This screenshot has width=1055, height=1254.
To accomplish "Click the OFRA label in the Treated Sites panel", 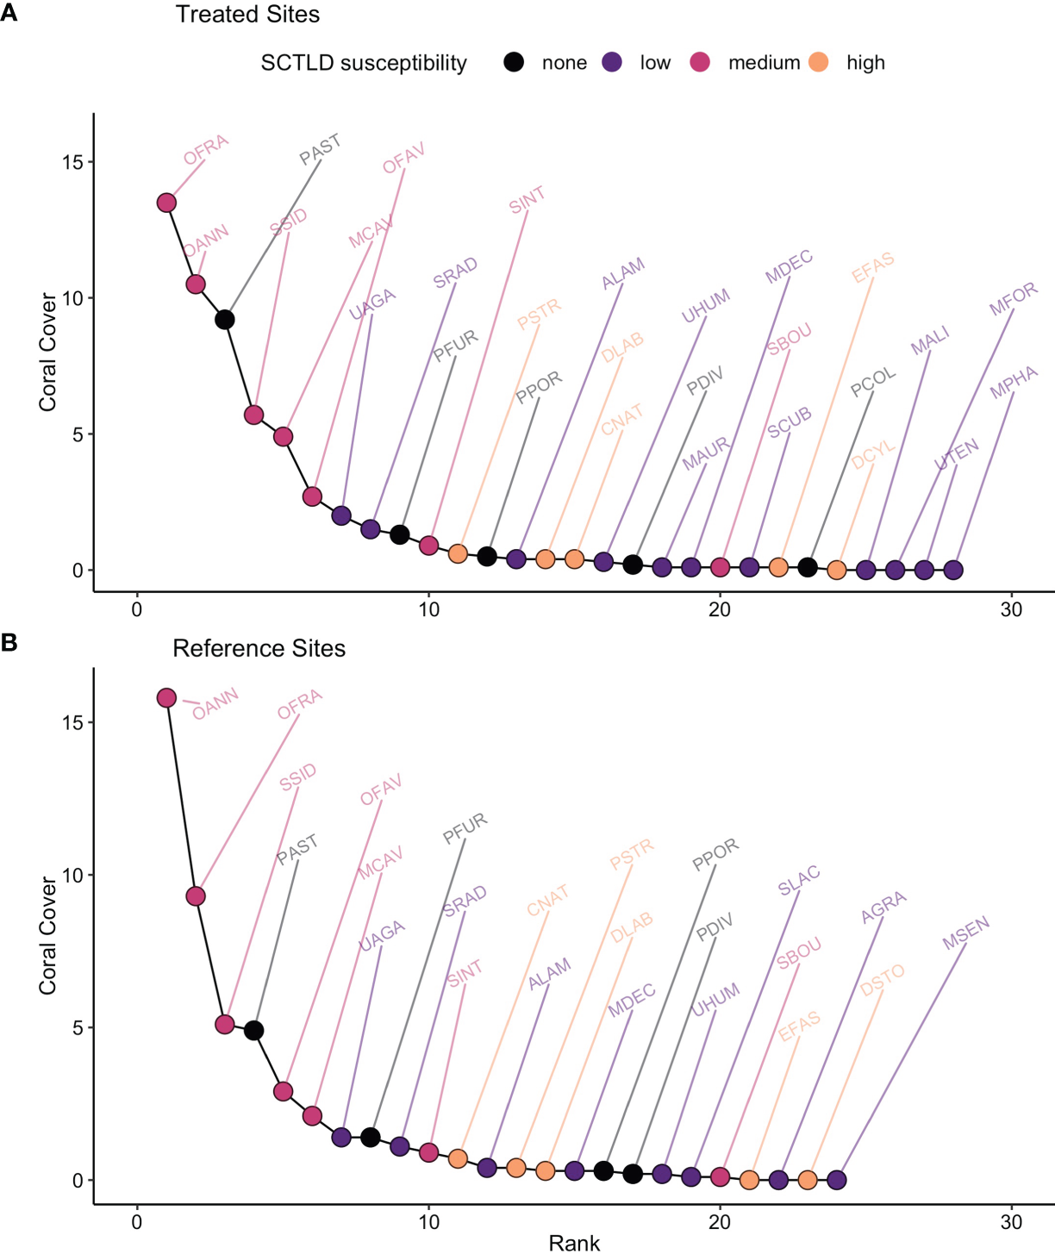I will [206, 149].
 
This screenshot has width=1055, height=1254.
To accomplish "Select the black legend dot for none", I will [514, 62].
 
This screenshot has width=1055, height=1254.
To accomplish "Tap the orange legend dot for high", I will [819, 62].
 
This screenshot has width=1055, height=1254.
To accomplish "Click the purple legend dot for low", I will [612, 62].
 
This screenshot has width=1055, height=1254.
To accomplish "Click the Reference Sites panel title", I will [259, 648].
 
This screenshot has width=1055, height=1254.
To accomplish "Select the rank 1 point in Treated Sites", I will [166, 203].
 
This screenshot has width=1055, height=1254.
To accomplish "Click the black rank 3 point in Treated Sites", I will [225, 320].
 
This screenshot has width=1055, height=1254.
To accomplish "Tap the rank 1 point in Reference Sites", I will [166, 697].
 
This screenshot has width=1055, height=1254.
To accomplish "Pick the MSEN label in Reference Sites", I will [965, 934].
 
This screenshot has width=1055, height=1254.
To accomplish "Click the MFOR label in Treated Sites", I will [1013, 299].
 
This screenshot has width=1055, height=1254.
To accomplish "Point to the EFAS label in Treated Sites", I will [872, 268].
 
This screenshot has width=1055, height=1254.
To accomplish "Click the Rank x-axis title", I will [574, 1243].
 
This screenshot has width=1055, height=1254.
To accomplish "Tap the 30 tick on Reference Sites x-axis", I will [1011, 1222].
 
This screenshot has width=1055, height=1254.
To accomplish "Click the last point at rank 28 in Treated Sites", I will [953, 570].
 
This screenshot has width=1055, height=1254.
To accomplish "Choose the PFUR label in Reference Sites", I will [465, 828].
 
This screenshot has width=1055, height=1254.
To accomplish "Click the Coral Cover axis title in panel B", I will [47, 936].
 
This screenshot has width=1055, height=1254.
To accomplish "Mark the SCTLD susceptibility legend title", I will [364, 63].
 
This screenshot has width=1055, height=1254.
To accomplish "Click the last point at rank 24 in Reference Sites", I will [836, 1180].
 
